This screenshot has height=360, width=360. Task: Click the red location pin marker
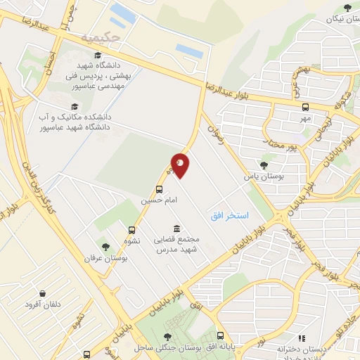[180, 165]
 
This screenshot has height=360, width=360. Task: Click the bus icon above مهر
[305, 107]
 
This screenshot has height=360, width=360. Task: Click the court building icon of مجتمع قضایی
[175, 229]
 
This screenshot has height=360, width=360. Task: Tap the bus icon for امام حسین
[160, 189]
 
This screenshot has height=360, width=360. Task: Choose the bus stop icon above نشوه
[131, 230]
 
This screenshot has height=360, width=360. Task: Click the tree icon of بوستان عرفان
[105, 247]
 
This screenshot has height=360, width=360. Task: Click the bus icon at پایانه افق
[221, 336]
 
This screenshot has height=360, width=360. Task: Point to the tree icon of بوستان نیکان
[347, 8]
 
